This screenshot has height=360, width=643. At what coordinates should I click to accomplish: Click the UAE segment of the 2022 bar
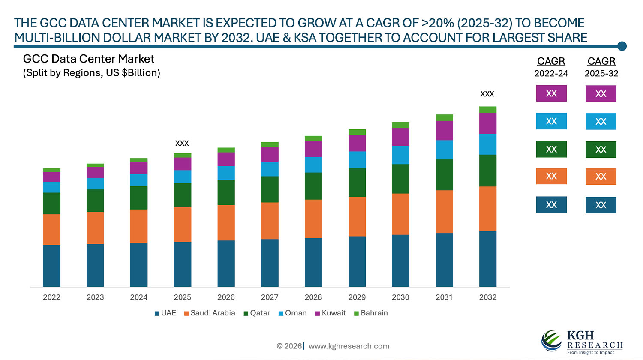pyautogui.click(x=51, y=266)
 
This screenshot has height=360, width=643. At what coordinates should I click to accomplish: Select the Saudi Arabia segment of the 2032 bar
pyautogui.click(x=487, y=209)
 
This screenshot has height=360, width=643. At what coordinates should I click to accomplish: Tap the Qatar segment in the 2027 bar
pyautogui.click(x=270, y=189)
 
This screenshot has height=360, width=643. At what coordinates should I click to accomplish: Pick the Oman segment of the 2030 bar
pyautogui.click(x=400, y=155)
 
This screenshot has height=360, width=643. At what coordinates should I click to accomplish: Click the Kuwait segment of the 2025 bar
pyautogui.click(x=182, y=164)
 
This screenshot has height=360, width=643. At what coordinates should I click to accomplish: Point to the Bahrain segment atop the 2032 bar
pyautogui.click(x=487, y=110)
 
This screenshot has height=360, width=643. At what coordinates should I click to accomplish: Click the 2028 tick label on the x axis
pyautogui.click(x=313, y=297)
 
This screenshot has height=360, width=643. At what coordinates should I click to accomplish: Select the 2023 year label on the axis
pyautogui.click(x=95, y=297)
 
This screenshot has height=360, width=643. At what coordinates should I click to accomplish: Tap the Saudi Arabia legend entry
pyautogui.click(x=210, y=313)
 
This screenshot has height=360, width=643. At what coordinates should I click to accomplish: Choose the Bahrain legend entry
pyautogui.click(x=371, y=313)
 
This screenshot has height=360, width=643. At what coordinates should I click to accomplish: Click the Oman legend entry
pyautogui.click(x=293, y=313)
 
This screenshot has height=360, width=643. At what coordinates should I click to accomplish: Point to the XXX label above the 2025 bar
pyautogui.click(x=182, y=143)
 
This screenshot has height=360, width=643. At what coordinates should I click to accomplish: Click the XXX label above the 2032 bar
pyautogui.click(x=487, y=94)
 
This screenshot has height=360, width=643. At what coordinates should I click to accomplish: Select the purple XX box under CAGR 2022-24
pyautogui.click(x=551, y=93)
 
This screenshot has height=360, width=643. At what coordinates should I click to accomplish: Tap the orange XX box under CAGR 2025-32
pyautogui.click(x=601, y=177)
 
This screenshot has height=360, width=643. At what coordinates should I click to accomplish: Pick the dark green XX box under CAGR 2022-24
pyautogui.click(x=551, y=150)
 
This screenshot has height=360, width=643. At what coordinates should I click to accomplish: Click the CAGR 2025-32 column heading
pyautogui.click(x=601, y=67)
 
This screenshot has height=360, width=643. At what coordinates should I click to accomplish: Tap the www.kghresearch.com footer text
pyautogui.click(x=349, y=346)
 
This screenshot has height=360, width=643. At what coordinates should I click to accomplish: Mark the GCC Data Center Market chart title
pyautogui.click(x=89, y=59)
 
